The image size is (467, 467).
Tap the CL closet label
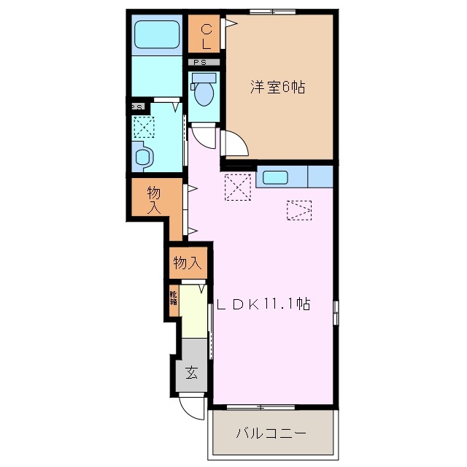click(x=206, y=36)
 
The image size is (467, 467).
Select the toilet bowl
click(x=204, y=93)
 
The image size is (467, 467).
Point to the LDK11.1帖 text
click(x=263, y=304)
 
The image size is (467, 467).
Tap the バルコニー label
click(x=271, y=433)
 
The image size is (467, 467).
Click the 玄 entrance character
click(x=191, y=373)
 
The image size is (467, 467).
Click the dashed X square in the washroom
click(x=144, y=128)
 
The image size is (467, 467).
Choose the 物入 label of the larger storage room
click(x=153, y=199)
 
